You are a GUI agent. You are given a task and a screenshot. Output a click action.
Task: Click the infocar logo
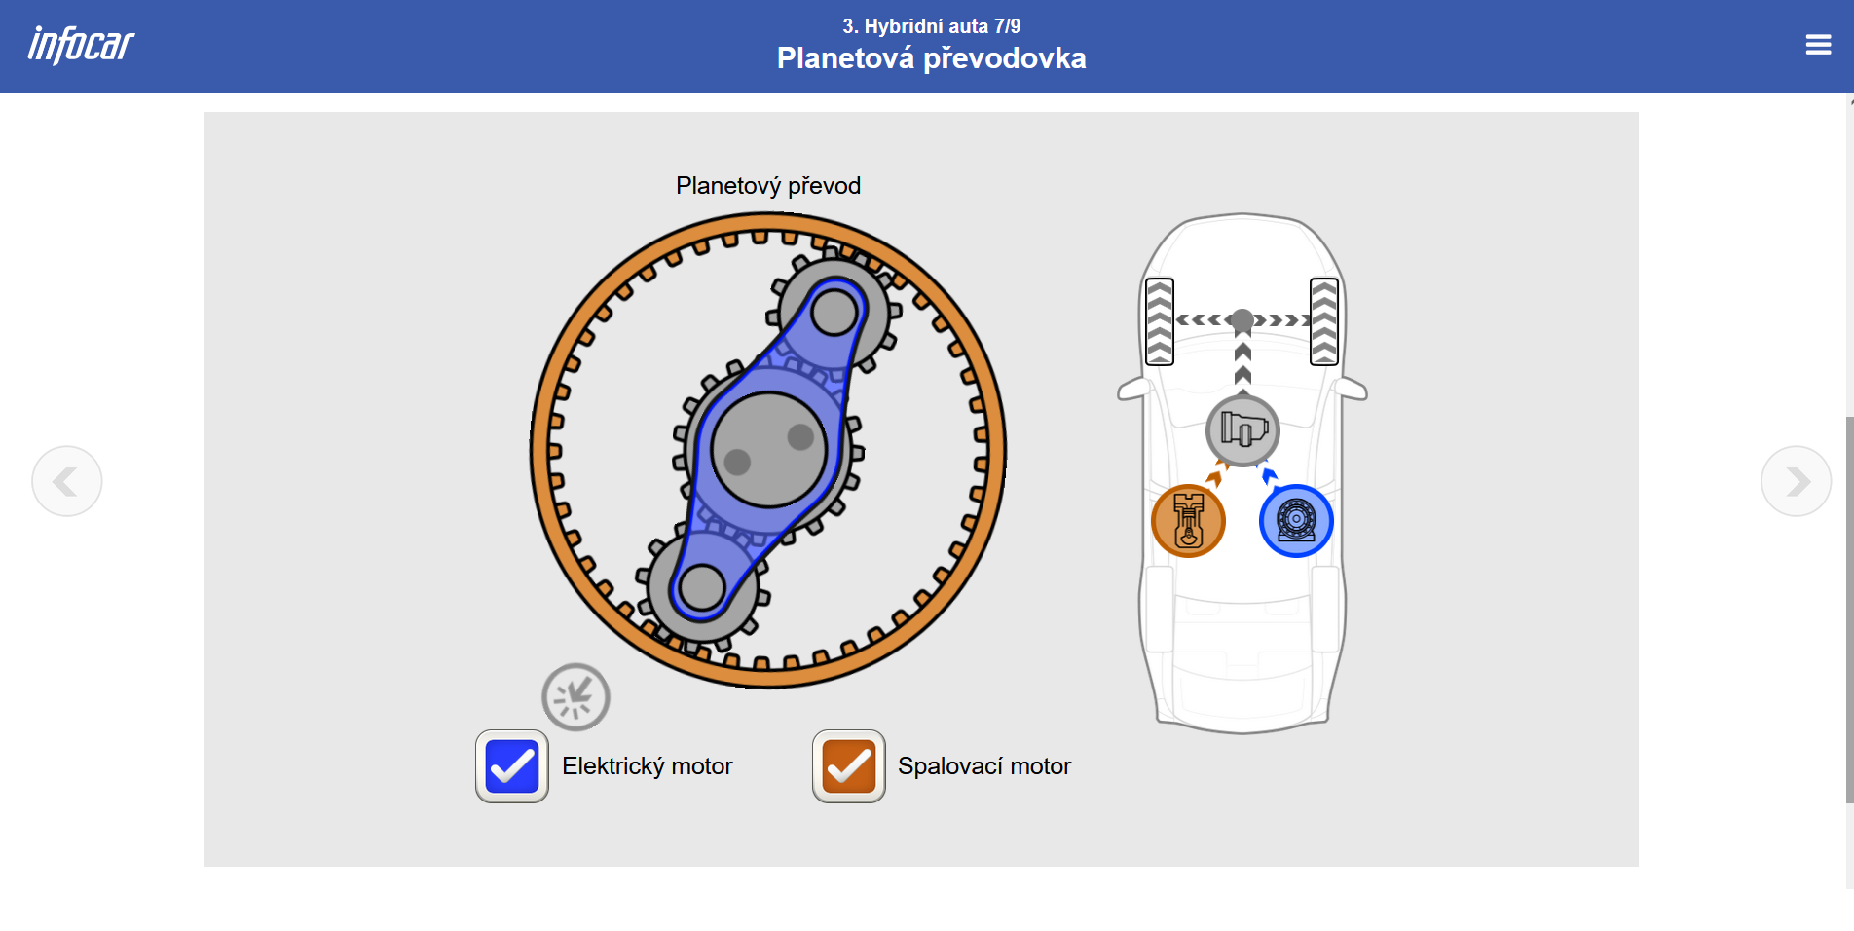pyautogui.click(x=81, y=45)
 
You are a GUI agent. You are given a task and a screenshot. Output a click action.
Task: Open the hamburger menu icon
pyautogui.click(x=1818, y=45)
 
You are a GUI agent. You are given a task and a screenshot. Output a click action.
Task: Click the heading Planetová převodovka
pyautogui.click(x=931, y=58)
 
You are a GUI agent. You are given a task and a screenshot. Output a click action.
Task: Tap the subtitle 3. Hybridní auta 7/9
pyautogui.click(x=931, y=26)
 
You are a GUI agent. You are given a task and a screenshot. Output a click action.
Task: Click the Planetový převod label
pyautogui.click(x=768, y=186)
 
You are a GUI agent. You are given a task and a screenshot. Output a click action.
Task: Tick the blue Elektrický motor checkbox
pyautogui.click(x=512, y=766)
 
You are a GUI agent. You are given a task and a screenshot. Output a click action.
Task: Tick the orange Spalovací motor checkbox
pyautogui.click(x=849, y=766)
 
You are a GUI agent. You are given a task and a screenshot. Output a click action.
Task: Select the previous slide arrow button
pyautogui.click(x=67, y=481)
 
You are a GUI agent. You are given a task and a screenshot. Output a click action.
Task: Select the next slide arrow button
pyautogui.click(x=1796, y=481)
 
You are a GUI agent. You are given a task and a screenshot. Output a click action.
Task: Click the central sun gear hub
pyautogui.click(x=768, y=450)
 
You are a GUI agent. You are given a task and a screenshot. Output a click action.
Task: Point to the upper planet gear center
pyautogui.click(x=834, y=313)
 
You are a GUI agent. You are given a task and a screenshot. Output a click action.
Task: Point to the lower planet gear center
pyautogui.click(x=702, y=587)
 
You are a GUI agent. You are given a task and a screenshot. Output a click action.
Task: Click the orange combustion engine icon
pyautogui.click(x=1188, y=521)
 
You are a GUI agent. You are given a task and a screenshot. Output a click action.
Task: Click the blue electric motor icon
pyautogui.click(x=1296, y=521)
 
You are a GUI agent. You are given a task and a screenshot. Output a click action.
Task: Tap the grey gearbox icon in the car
pyautogui.click(x=1242, y=429)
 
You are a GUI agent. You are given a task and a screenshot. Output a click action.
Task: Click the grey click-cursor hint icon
pyautogui.click(x=575, y=697)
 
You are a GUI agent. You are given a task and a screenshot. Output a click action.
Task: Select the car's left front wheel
pyautogui.click(x=1160, y=321)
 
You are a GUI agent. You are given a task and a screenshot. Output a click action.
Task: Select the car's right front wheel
pyautogui.click(x=1324, y=321)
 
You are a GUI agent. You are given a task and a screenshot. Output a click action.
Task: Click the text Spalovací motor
pyautogui.click(x=983, y=766)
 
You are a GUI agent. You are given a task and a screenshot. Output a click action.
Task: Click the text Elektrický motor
pyautogui.click(x=647, y=766)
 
